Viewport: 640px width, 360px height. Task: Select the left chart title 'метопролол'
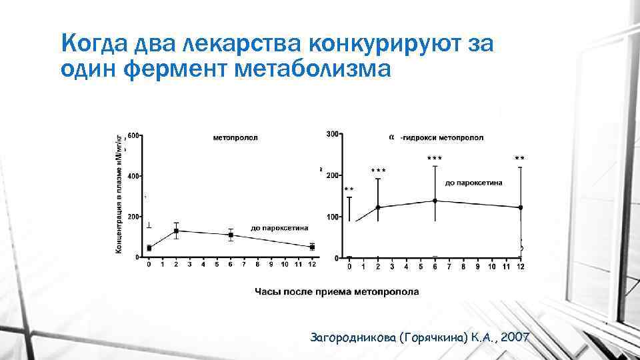tap(235, 138)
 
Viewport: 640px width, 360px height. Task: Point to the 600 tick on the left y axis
tap(133, 136)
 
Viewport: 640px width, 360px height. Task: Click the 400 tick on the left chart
tap(133, 176)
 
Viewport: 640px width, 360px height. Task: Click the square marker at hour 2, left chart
tap(176, 231)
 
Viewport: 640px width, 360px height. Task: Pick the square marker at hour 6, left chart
tap(231, 235)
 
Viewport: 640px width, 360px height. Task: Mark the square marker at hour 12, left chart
tap(312, 247)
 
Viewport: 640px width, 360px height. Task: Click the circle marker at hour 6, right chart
tap(435, 201)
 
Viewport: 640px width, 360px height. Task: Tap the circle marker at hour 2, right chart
tap(378, 207)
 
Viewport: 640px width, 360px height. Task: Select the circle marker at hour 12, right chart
tap(521, 207)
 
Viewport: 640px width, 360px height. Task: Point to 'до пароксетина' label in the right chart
tap(473, 183)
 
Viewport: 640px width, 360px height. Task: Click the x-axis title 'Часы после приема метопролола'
tap(337, 291)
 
